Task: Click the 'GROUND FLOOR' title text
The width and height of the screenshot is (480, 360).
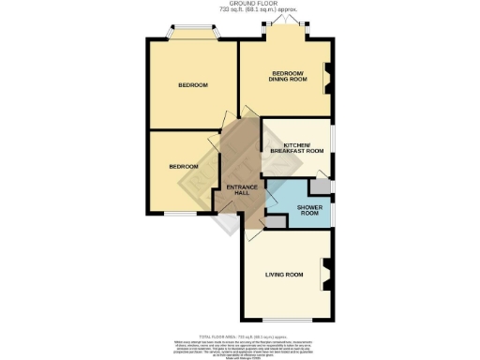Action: click(239, 4)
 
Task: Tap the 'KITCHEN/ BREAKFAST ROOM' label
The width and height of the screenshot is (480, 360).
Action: click(297, 146)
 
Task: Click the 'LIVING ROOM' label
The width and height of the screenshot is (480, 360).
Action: click(284, 275)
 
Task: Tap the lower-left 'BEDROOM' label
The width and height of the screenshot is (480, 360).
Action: click(184, 167)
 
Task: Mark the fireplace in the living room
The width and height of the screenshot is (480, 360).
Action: click(328, 275)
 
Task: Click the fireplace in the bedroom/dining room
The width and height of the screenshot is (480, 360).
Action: click(328, 79)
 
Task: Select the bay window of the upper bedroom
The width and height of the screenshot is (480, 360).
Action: click(193, 35)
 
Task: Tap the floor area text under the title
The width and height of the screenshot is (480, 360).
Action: click(239, 10)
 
